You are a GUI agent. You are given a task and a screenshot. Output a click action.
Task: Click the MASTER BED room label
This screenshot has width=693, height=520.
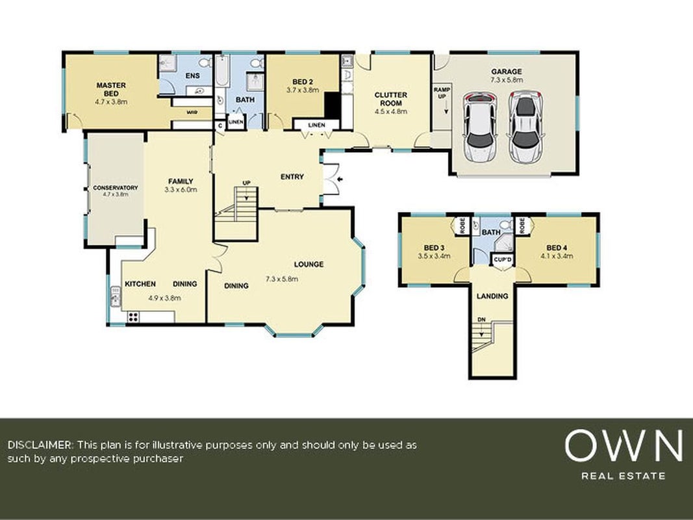111,89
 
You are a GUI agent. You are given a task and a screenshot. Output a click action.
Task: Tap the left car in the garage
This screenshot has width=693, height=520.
480,127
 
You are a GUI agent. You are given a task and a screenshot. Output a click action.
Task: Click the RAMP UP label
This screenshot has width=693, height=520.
442,93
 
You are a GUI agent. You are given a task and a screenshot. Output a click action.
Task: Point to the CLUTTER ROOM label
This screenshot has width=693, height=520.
391,99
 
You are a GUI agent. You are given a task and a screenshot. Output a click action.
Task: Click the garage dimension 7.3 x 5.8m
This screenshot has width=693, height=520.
507,80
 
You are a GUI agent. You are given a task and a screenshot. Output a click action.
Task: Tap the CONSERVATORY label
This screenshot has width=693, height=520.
116,188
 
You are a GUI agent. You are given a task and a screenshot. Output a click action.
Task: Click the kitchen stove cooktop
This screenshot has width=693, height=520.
133,317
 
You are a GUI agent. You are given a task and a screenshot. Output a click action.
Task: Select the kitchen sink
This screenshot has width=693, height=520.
116,296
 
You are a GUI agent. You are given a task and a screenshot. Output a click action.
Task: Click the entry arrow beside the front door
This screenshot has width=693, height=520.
340,179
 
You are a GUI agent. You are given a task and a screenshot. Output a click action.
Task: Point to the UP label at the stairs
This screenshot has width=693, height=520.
246,183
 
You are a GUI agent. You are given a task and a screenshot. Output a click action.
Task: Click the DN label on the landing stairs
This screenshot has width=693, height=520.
482,319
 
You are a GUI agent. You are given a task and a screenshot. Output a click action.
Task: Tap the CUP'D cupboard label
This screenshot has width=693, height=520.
503,259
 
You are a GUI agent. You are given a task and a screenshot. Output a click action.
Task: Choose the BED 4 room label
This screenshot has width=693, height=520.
557,248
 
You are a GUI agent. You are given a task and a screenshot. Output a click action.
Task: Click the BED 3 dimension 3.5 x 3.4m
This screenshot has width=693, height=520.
434,255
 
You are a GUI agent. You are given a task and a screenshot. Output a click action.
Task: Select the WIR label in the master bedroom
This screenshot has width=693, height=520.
192,112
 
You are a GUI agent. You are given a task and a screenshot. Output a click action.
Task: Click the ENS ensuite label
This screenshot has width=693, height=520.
192,75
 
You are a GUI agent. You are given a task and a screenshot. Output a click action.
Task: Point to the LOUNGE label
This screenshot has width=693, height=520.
309,265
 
